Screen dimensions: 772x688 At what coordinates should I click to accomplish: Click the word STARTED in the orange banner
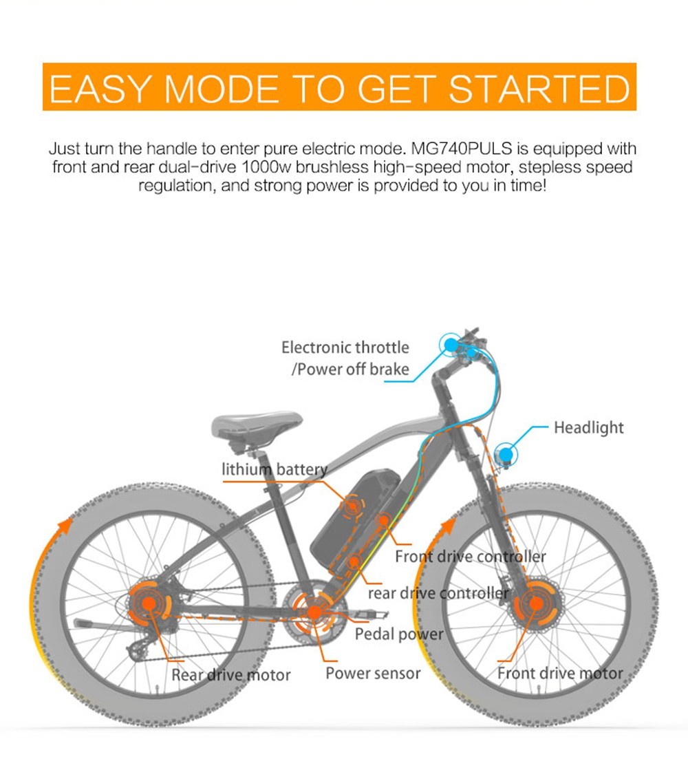pyautogui.click(x=538, y=89)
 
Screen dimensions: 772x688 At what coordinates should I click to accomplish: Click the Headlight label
pyautogui.click(x=588, y=428)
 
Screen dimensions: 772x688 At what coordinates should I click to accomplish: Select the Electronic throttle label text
pyautogui.click(x=345, y=347)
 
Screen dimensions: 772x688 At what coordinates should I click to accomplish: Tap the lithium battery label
pyautogui.click(x=274, y=470)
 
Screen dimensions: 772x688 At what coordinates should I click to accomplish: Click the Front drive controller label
pyautogui.click(x=470, y=556)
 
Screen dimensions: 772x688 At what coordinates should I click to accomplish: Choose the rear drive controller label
pyautogui.click(x=438, y=592)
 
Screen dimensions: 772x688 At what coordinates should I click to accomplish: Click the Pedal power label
pyautogui.click(x=399, y=634)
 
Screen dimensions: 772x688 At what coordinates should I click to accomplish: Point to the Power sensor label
pyautogui.click(x=372, y=673)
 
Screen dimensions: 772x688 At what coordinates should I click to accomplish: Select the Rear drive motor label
pyautogui.click(x=231, y=675)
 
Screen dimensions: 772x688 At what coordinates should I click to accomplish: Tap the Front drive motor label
pyautogui.click(x=559, y=673)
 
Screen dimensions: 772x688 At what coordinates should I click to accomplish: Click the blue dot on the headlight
pyautogui.click(x=506, y=453)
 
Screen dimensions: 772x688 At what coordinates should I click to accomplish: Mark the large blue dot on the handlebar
pyautogui.click(x=450, y=343)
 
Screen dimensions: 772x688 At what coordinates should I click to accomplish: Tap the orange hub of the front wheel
pyautogui.click(x=536, y=603)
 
